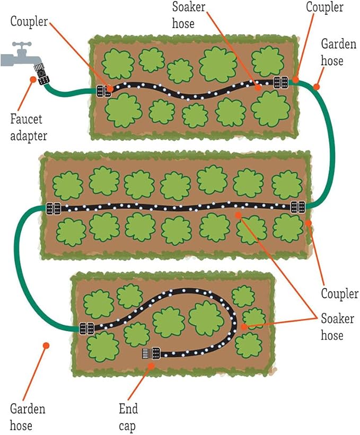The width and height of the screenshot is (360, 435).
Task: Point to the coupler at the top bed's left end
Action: (103, 91)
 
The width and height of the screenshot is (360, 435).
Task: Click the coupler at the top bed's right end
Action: (280, 82)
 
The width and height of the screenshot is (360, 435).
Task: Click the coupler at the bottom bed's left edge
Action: (86, 328)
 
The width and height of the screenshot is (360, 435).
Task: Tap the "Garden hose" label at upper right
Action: (339, 53)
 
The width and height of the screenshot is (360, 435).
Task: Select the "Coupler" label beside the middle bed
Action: (340, 293)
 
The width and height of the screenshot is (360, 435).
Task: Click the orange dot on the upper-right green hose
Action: (317, 86)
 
